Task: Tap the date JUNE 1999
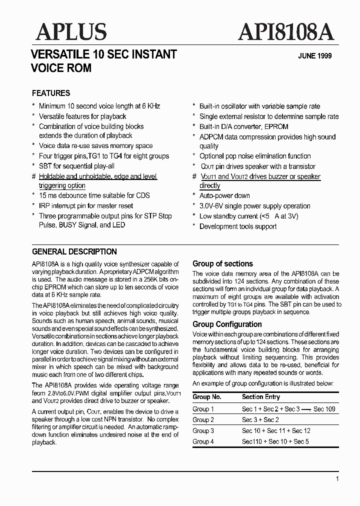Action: point(315,56)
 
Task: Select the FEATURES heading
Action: point(51,93)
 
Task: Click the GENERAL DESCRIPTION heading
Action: point(74,251)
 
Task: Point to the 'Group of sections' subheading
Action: point(222,263)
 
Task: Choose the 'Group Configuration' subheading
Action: point(227,324)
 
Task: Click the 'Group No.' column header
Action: point(207,396)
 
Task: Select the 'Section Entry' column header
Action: point(261,396)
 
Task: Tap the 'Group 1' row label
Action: point(203,409)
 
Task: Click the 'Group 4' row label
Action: point(203,441)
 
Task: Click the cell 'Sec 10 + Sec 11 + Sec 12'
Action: point(276,430)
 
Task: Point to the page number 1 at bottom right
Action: point(337,479)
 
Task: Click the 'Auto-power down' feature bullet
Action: point(224,195)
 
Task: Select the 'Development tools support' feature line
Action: point(238,226)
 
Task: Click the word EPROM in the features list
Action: point(278,126)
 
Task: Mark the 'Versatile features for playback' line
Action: point(82,116)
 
